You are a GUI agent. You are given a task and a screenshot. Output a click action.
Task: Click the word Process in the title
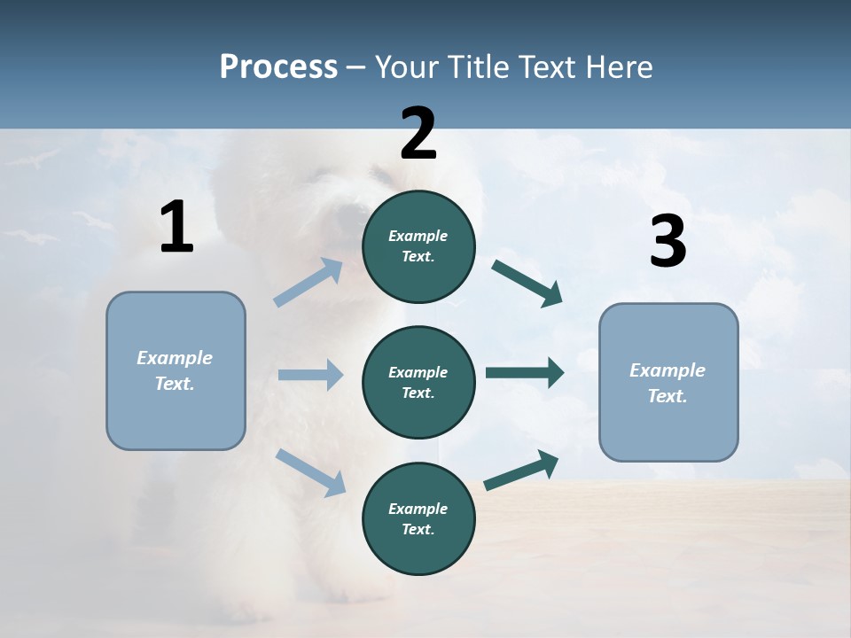point(278,67)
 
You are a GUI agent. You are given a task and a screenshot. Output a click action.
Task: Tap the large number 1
point(176,229)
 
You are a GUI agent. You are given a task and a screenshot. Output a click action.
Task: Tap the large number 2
point(418,135)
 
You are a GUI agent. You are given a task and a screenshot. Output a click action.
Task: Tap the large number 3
point(668,242)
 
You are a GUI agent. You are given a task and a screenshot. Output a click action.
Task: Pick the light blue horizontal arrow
point(310,375)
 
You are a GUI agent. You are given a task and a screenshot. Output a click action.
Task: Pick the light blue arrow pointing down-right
point(310,471)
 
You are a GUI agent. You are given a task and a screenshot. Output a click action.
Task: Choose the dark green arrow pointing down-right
point(527,284)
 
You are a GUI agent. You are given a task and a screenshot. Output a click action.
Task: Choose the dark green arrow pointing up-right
point(522,471)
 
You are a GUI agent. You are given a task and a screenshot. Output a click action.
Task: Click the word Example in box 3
point(668,370)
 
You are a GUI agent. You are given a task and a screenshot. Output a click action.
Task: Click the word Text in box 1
point(174,384)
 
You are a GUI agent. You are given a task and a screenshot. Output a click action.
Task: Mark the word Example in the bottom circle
point(418,509)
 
